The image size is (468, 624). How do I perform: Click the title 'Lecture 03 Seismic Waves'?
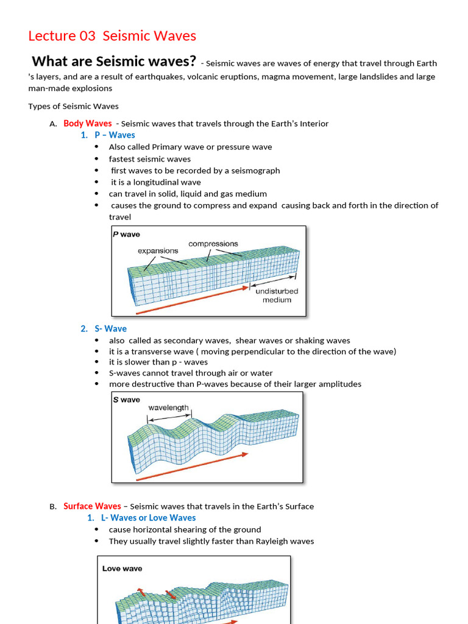(x=112, y=36)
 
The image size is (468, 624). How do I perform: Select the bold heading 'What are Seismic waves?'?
(x=114, y=61)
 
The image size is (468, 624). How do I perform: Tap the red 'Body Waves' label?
(x=88, y=124)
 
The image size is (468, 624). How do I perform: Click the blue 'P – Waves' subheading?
(x=115, y=135)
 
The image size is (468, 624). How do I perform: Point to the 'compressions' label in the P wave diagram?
(x=213, y=244)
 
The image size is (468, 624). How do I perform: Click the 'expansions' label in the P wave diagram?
(x=158, y=250)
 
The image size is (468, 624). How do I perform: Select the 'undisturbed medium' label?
(x=277, y=296)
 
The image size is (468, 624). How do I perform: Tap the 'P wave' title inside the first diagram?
(x=127, y=234)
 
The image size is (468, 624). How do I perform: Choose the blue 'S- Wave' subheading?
(x=110, y=329)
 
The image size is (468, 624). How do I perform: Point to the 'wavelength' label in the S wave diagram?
(x=168, y=408)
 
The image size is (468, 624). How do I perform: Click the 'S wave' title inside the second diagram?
(x=127, y=400)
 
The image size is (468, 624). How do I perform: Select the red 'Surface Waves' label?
(x=92, y=506)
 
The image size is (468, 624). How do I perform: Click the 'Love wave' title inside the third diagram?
(x=122, y=569)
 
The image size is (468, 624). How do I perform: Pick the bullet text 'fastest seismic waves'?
(x=149, y=159)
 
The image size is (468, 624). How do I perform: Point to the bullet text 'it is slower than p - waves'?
(x=158, y=362)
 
